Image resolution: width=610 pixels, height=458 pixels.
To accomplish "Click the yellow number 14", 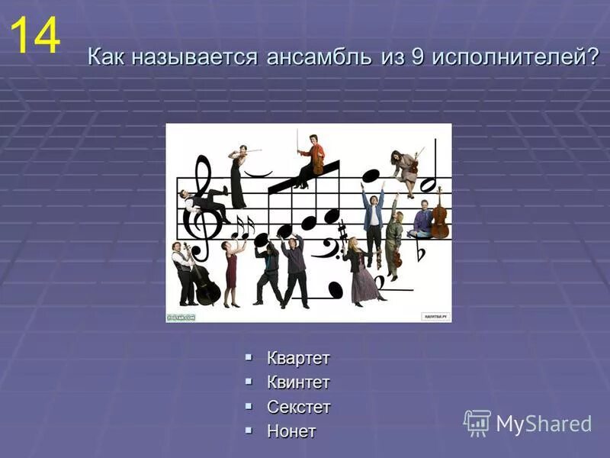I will click(34, 37).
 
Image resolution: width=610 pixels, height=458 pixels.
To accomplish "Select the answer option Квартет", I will click(298, 358).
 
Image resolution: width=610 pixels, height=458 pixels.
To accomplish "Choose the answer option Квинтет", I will click(298, 382).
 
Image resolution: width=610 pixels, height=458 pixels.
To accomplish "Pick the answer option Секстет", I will click(298, 407).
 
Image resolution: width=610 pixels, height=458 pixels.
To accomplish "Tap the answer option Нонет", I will click(291, 431).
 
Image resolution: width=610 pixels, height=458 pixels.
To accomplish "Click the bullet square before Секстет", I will click(249, 405).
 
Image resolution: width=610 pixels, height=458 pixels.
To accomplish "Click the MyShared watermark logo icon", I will click(477, 422).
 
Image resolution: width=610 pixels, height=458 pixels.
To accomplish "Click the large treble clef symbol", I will click(202, 210).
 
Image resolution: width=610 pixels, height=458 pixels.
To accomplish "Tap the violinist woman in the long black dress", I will click(239, 178).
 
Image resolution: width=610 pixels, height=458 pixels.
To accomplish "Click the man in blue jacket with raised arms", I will click(373, 218).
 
